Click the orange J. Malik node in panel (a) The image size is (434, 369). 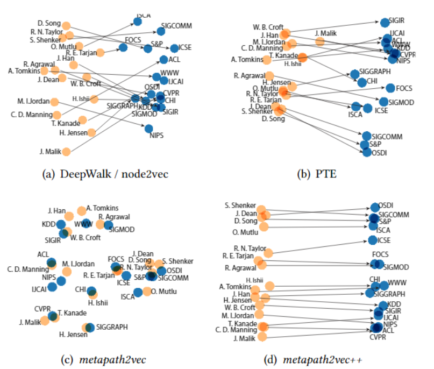point(66,152)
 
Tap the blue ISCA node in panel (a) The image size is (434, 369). point(137,22)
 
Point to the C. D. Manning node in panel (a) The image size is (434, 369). point(56,114)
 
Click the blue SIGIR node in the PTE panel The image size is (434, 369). point(384,23)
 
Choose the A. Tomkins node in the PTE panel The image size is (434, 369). point(267,59)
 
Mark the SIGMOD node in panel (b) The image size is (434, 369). point(383,102)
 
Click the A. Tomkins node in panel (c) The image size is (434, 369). point(81,210)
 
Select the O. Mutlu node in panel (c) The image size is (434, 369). point(146,291)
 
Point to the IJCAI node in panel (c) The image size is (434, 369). point(53,287)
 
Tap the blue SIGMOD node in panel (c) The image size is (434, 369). point(108,225)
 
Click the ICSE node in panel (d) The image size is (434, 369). point(373,240)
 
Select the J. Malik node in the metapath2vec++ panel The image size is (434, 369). point(262,337)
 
